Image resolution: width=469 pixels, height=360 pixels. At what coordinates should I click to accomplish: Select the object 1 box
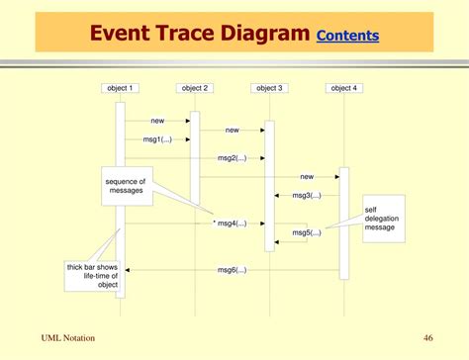coord(120,88)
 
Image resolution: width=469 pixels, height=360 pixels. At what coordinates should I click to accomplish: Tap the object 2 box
coord(194,88)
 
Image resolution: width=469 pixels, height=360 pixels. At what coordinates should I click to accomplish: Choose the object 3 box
coord(269,88)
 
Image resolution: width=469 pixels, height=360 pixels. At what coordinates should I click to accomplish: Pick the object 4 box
coord(343,88)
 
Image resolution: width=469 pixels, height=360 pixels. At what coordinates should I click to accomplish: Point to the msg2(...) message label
coord(232,158)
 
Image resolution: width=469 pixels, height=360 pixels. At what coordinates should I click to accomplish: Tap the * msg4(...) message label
coord(230,224)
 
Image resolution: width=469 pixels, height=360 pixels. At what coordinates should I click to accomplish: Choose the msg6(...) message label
coord(232,270)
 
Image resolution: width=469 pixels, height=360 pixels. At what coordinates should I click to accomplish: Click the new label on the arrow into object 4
coord(307,176)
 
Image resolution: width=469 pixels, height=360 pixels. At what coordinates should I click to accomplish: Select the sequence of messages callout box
coord(126,185)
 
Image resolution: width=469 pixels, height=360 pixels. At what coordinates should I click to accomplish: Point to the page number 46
coord(427,338)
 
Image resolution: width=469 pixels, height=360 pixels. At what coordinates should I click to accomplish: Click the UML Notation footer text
coord(68,338)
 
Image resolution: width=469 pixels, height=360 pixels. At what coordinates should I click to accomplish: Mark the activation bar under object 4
coord(344,223)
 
